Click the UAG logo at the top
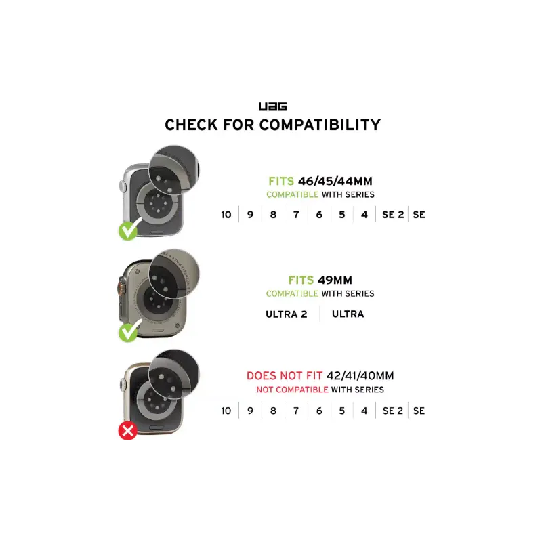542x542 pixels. pyautogui.click(x=273, y=106)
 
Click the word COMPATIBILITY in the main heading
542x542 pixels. pyautogui.click(x=320, y=125)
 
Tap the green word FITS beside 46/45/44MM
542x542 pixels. pyautogui.click(x=281, y=181)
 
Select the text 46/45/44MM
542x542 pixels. pyautogui.click(x=335, y=181)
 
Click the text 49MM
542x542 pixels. pyautogui.click(x=335, y=280)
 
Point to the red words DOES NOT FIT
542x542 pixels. pyautogui.click(x=284, y=375)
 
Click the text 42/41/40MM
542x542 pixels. pyautogui.click(x=360, y=375)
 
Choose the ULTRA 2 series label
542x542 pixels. pyautogui.click(x=286, y=314)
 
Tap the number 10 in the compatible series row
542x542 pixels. pyautogui.click(x=226, y=215)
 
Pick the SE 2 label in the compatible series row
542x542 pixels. pyautogui.click(x=393, y=215)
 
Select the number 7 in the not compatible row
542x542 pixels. pyautogui.click(x=296, y=411)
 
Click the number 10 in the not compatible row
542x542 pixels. pyautogui.click(x=226, y=411)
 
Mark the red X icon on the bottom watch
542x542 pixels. pyautogui.click(x=128, y=431)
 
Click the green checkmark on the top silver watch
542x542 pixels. pyautogui.click(x=129, y=230)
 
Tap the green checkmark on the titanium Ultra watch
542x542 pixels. pyautogui.click(x=129, y=331)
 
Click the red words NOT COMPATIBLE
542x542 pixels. pyautogui.click(x=292, y=390)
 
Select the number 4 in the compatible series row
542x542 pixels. pyautogui.click(x=364, y=215)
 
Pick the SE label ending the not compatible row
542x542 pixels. pyautogui.click(x=419, y=411)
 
